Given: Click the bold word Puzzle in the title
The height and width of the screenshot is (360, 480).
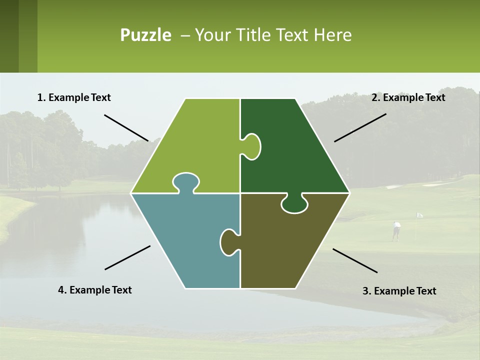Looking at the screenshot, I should [145, 35].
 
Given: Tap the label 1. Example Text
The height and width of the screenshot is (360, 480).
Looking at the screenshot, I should [74, 97].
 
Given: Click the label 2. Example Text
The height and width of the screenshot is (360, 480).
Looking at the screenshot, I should [408, 97].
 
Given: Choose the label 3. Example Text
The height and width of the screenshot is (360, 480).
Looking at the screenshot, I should [399, 291].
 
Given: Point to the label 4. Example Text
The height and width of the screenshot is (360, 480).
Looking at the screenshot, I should [95, 290].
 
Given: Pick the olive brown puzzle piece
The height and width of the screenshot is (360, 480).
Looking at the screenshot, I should [290, 245].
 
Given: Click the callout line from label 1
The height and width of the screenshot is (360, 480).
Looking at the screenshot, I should [126, 127].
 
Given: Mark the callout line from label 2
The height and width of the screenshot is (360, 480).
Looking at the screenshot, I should [360, 127].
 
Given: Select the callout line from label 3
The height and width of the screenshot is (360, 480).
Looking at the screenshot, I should [355, 260].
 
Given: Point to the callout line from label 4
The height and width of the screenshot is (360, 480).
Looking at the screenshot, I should [127, 257].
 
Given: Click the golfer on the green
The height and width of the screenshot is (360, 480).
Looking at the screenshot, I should [396, 230].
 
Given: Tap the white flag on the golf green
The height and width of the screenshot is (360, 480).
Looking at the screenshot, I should [419, 215].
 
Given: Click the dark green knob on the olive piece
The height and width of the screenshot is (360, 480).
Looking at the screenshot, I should [294, 203].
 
